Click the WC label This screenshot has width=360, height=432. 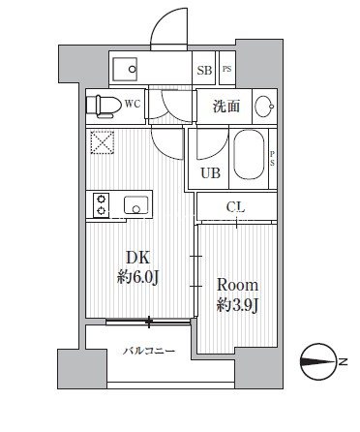point(133,105)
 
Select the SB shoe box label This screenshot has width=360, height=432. point(204,70)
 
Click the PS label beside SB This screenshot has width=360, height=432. point(227,69)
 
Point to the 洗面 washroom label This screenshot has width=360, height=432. point(226,107)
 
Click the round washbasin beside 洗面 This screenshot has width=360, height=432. point(264,107)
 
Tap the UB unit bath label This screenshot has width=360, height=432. point(210,173)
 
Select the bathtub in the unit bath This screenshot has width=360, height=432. point(249,155)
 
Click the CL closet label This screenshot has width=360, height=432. point(235,207)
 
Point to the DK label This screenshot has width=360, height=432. point(138,258)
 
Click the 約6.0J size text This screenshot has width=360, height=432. point(137,277)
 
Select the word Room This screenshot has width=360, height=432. point(237,285)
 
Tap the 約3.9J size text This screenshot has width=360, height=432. point(237,305)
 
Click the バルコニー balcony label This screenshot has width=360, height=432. point(149,351)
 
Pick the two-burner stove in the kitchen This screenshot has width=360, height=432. point(102,205)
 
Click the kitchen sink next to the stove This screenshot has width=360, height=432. point(135,205)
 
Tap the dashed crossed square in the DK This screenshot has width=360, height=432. point(103,142)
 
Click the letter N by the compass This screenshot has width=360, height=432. point(344,362)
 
